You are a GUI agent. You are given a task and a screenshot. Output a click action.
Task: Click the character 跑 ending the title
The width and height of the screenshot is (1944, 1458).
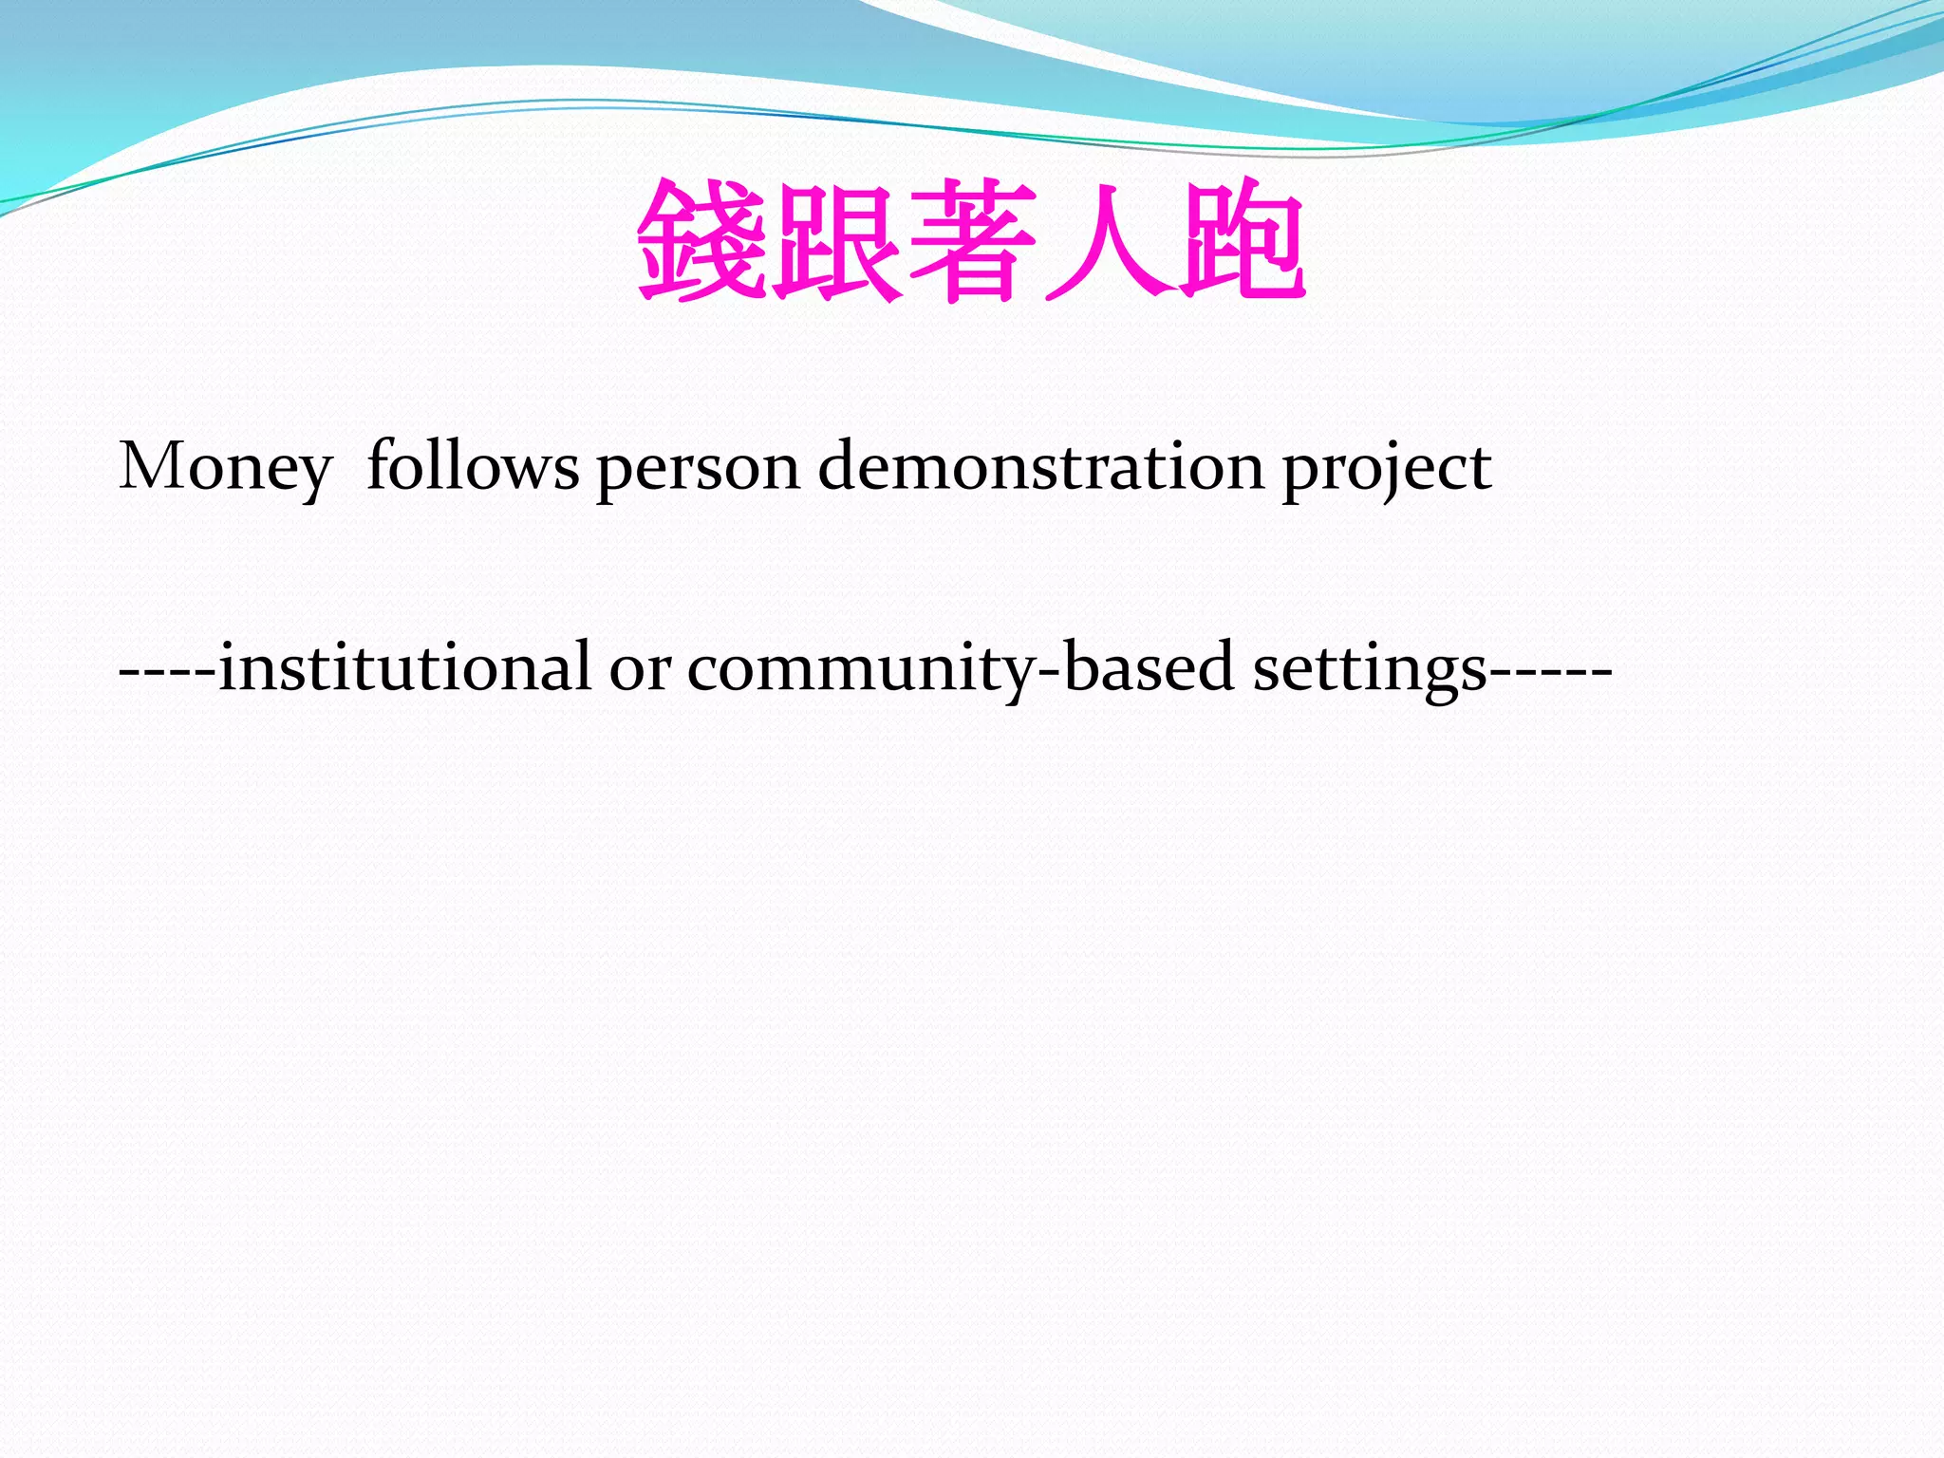(x=1242, y=241)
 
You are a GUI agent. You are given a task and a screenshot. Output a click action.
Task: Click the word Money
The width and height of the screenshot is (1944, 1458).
(x=225, y=468)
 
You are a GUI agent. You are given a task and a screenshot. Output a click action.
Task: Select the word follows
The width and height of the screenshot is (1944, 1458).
(x=472, y=466)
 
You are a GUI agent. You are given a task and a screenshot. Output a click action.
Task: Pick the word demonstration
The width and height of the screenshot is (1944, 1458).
(x=1040, y=466)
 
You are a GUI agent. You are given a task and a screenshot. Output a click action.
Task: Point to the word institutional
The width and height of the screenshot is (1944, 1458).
(x=405, y=666)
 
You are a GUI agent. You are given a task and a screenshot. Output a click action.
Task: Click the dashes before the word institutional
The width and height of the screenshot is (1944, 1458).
(x=167, y=670)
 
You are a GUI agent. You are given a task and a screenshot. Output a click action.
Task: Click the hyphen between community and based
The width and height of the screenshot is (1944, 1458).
(x=1050, y=670)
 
